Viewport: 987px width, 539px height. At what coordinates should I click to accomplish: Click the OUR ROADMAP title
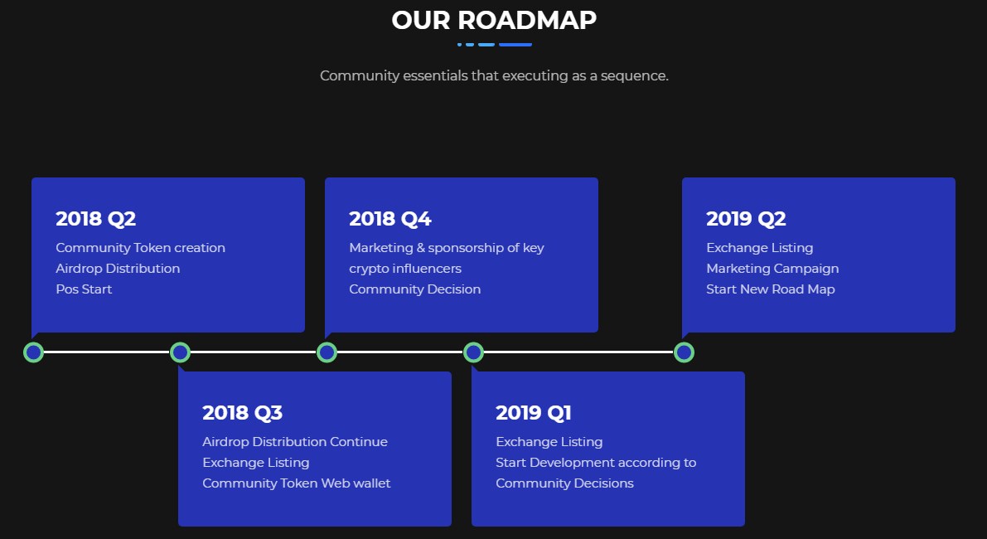click(x=494, y=20)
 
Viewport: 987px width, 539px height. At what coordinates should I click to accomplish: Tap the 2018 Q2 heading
click(x=95, y=218)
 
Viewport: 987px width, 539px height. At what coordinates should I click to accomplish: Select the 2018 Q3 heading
click(x=242, y=412)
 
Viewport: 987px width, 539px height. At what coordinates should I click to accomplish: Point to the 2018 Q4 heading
click(x=390, y=218)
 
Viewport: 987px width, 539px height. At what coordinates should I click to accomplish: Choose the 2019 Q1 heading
click(x=534, y=412)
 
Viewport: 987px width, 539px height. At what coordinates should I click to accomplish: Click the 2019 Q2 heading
click(x=746, y=218)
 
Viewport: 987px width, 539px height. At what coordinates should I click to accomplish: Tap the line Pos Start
click(x=84, y=289)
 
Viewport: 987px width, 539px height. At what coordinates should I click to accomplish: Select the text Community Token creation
click(x=140, y=247)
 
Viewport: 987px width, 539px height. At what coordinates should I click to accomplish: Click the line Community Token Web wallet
click(x=297, y=483)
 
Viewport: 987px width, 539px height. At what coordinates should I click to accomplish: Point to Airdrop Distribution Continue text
click(x=295, y=441)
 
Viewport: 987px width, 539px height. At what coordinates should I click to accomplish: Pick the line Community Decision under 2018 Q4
click(x=415, y=289)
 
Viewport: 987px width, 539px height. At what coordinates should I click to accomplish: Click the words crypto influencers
click(x=405, y=269)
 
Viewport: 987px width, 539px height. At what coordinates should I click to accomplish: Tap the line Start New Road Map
click(x=771, y=289)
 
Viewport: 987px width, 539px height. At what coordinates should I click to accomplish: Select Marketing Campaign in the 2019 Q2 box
click(x=772, y=269)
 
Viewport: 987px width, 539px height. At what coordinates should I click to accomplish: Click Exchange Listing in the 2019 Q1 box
click(x=549, y=442)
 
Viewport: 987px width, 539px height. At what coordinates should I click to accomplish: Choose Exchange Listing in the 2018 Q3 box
click(x=256, y=463)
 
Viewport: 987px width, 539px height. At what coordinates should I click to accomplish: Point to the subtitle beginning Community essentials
click(x=494, y=76)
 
